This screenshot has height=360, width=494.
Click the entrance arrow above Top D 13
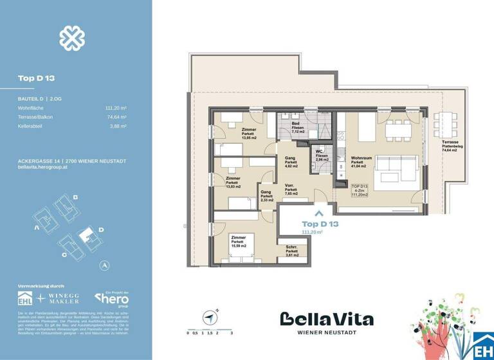(317, 210)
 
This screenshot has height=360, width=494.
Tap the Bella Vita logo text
(326, 319)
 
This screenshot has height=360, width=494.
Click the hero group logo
(112, 299)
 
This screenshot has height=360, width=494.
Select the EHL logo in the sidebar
(26, 299)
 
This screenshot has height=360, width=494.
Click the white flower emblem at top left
(72, 39)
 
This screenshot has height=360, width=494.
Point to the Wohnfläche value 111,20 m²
(115, 109)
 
